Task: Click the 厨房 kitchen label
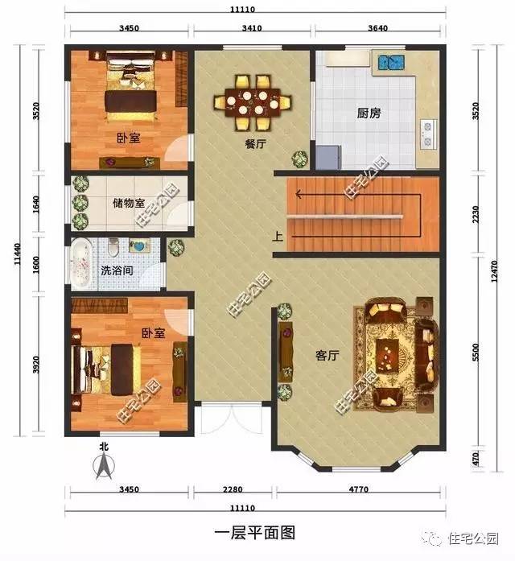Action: click(369, 113)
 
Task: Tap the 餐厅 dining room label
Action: click(256, 146)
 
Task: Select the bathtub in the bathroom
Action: click(81, 263)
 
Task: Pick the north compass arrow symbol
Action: click(103, 465)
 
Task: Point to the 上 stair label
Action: click(277, 237)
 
